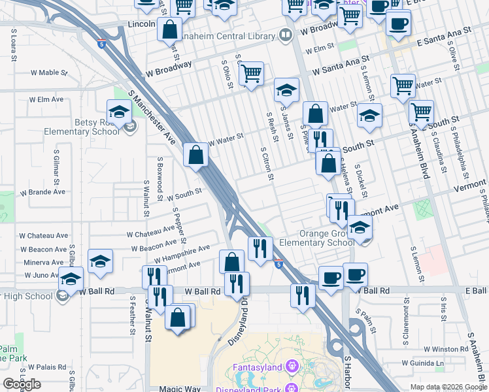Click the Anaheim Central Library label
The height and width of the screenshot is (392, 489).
pyautogui.click(x=226, y=36)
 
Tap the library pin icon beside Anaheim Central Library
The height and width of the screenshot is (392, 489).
pyautogui.click(x=286, y=35)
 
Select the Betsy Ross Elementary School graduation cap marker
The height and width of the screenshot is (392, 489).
pyautogui.click(x=120, y=114)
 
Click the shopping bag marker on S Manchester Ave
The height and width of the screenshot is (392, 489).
pyautogui.click(x=195, y=156)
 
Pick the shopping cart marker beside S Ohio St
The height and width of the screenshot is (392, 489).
pyautogui.click(x=250, y=74)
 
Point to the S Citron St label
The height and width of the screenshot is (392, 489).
pyautogui.click(x=266, y=163)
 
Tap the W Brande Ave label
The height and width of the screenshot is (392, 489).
pyautogui.click(x=42, y=192)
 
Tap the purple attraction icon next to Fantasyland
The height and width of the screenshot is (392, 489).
pyautogui.click(x=292, y=368)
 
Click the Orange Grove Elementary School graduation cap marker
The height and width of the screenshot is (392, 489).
pyautogui.click(x=359, y=229)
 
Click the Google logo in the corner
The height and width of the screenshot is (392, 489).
pyautogui.click(x=22, y=384)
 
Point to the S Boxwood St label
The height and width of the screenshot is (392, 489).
pyautogui.click(x=160, y=174)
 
